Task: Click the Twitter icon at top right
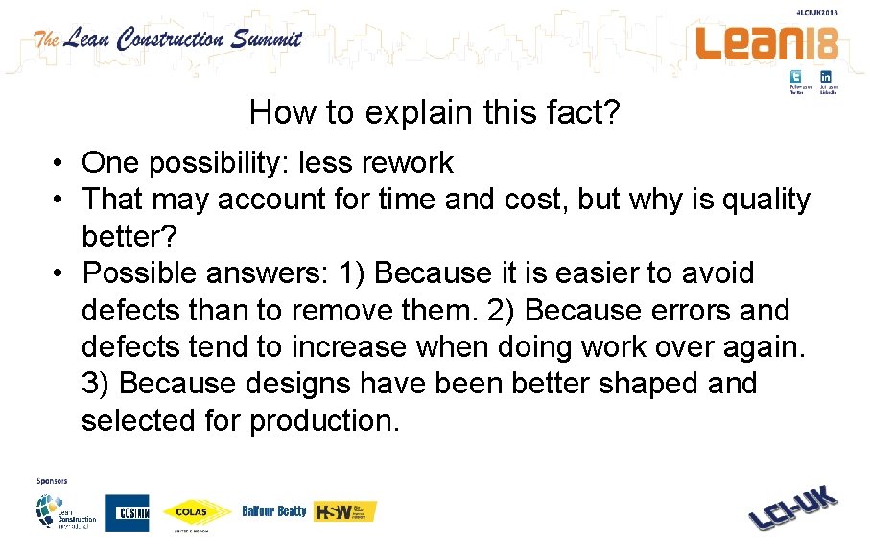click(x=796, y=77)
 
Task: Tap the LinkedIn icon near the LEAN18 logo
click(x=826, y=77)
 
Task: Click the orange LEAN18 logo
click(x=766, y=43)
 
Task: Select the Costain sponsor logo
click(x=127, y=511)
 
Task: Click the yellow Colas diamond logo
click(x=197, y=512)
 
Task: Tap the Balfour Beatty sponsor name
click(x=274, y=511)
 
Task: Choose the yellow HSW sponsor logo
click(x=345, y=511)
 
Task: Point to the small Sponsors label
click(x=49, y=479)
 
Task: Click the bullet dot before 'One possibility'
click(x=59, y=164)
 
